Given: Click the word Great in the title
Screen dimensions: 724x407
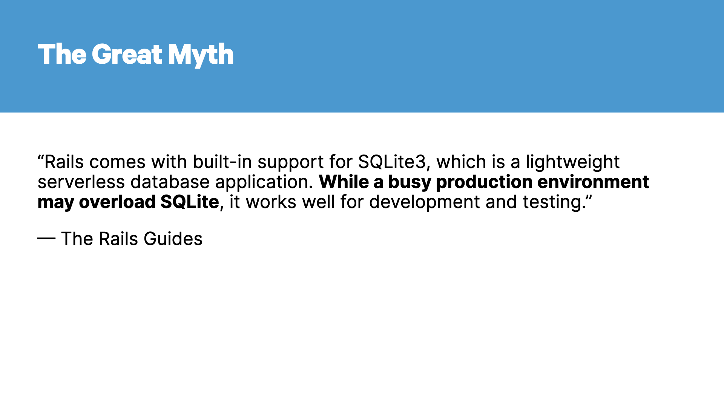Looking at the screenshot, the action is click(x=127, y=54).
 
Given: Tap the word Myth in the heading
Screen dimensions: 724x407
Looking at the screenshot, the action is click(x=201, y=55).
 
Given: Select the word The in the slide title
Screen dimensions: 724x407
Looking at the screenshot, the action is click(x=62, y=54).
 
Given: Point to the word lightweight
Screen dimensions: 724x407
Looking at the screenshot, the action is click(x=573, y=162).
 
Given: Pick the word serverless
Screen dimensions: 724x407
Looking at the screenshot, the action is click(x=81, y=182).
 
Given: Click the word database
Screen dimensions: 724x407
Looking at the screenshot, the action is click(x=170, y=182).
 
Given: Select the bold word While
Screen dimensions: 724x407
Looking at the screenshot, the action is click(x=344, y=182).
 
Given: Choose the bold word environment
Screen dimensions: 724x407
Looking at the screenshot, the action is click(x=593, y=182).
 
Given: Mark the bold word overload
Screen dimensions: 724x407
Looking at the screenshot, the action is click(x=117, y=202).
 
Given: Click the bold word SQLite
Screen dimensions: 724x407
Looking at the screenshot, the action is click(x=190, y=202).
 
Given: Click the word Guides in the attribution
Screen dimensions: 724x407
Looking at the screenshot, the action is click(x=173, y=239).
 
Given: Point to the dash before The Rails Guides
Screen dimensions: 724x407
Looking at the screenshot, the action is click(x=46, y=238).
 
